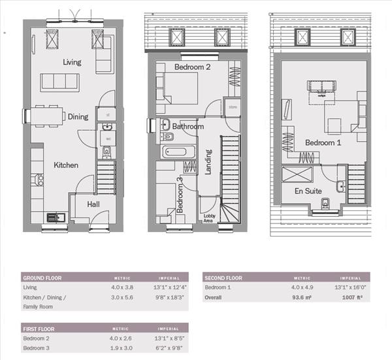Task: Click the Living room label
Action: [72, 62]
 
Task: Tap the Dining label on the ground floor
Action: [78, 117]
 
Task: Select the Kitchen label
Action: [66, 165]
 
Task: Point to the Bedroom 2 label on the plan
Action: [191, 67]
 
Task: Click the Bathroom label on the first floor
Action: [188, 126]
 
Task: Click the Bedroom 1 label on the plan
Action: [323, 143]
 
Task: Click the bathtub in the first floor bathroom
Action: [176, 153]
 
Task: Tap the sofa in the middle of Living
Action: [60, 82]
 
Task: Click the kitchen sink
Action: [52, 217]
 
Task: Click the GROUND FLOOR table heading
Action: [42, 277]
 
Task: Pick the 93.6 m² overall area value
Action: [298, 297]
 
